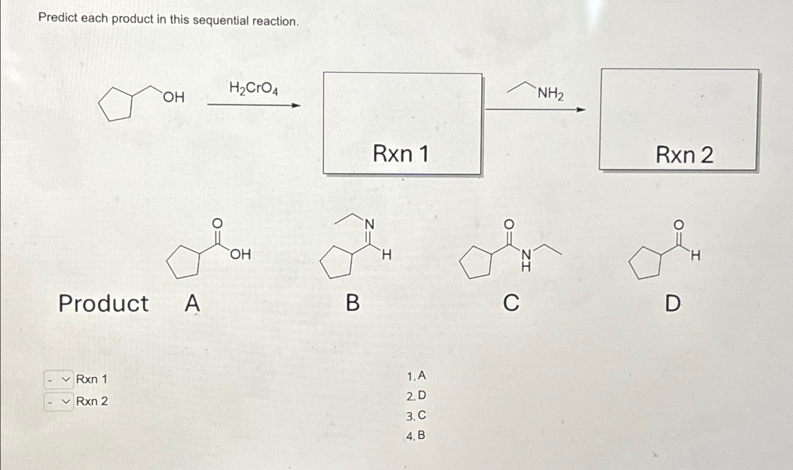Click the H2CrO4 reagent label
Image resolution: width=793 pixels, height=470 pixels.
click(253, 88)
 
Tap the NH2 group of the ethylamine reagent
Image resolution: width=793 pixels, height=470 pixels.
click(550, 94)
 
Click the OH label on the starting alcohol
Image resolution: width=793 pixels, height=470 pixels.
click(174, 97)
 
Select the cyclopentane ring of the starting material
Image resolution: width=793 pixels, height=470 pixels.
click(115, 104)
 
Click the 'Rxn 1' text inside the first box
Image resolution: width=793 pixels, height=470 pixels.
click(401, 154)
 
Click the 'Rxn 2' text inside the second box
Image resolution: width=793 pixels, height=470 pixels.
click(684, 155)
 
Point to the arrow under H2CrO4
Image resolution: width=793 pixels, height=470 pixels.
click(254, 105)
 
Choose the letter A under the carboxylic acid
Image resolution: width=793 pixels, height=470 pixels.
click(192, 303)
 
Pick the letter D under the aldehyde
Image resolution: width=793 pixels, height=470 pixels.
click(672, 303)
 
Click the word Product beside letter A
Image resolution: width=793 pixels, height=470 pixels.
click(103, 303)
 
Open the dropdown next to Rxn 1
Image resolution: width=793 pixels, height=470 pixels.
click(59, 380)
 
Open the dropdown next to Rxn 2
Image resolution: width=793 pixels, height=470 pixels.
click(59, 402)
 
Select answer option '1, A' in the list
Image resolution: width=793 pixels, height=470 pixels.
click(416, 376)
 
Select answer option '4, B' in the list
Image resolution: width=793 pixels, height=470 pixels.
click(416, 435)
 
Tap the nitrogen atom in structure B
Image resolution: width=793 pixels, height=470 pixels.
click(370, 224)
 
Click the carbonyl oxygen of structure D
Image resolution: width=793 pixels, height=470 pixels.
click(679, 224)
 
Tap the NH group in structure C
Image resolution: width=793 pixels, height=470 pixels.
click(526, 260)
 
